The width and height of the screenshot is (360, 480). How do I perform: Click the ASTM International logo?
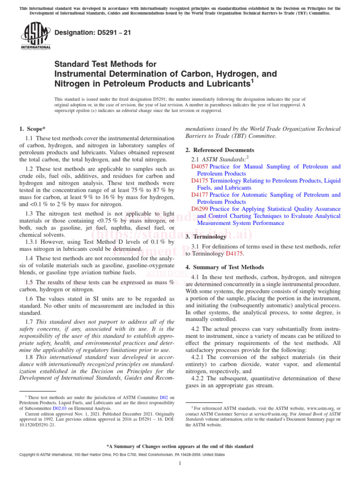pyautogui.click(x=35, y=36)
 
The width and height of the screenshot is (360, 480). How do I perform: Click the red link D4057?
pyautogui.click(x=200, y=166)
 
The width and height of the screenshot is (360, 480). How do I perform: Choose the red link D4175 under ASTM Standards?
pyautogui.click(x=200, y=180)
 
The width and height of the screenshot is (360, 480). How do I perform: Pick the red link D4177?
pyautogui.click(x=200, y=195)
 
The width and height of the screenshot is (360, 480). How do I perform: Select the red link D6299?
pyautogui.click(x=200, y=209)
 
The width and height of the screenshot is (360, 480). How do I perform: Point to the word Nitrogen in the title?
pyautogui.click(x=72, y=83)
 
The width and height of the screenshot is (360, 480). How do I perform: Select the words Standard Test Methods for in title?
pyautogui.click(x=105, y=64)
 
